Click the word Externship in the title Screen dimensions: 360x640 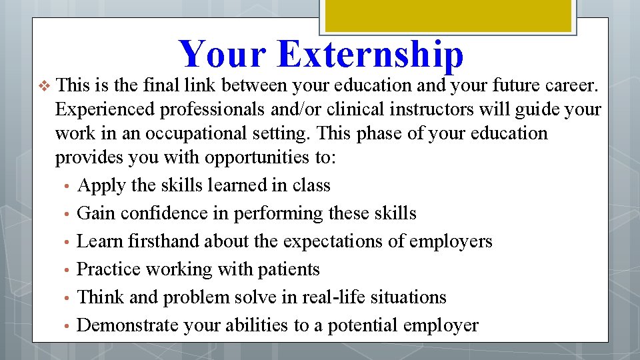click(x=370, y=55)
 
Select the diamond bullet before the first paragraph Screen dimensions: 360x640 click(x=45, y=86)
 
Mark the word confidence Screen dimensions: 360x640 click(x=161, y=213)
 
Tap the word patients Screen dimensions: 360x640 click(x=292, y=269)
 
